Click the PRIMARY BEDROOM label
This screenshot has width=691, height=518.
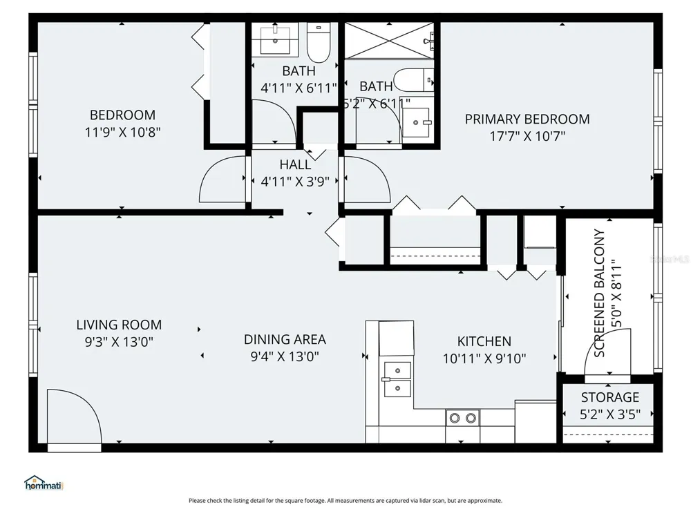(527, 119)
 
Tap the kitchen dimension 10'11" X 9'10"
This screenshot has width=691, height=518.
(484, 358)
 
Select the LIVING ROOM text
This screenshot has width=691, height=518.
(119, 325)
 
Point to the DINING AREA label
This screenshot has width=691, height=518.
(285, 340)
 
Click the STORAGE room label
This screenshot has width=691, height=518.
(610, 397)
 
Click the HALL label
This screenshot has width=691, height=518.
(295, 165)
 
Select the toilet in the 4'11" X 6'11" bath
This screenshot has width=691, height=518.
(319, 43)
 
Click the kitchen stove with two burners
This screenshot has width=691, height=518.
(462, 418)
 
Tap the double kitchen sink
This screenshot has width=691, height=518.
(397, 379)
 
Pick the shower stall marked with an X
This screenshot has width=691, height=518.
(389, 41)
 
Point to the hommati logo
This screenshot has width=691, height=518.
(44, 483)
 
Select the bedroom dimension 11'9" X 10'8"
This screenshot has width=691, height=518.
(122, 132)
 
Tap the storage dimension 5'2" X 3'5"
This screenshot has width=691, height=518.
(610, 414)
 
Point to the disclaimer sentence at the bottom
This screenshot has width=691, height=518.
(345, 501)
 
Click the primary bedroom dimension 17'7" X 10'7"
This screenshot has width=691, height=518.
(527, 136)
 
